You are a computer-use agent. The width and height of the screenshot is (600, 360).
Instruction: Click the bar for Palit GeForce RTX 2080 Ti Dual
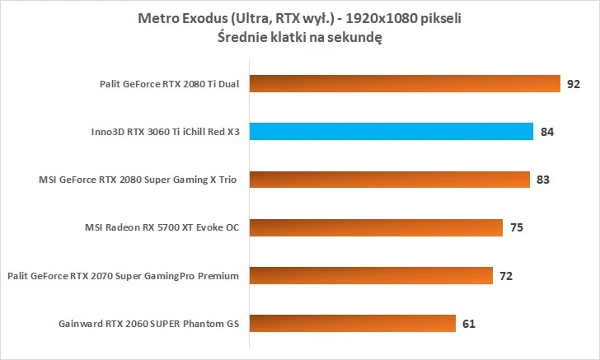tap(404, 83)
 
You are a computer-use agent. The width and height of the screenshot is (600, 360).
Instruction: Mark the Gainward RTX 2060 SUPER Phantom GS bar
tap(351, 322)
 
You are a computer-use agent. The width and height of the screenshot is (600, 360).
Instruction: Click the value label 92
tap(574, 83)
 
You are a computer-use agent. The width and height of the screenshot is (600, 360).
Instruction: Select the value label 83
tap(542, 179)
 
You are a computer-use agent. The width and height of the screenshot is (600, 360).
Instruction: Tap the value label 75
tap(516, 227)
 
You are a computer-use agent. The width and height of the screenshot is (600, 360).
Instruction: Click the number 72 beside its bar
tap(506, 275)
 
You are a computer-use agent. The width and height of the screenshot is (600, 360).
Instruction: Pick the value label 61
tap(469, 323)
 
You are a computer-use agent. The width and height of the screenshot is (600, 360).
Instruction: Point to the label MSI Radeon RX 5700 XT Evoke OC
tap(162, 227)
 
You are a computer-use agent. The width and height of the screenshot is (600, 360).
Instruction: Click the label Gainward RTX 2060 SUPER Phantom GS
tap(148, 323)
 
